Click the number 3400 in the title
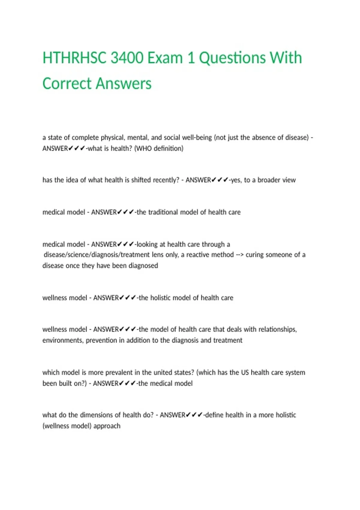127,58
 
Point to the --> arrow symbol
240,255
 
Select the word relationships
277,329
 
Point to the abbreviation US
245,373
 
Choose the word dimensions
100,415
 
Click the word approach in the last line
107,426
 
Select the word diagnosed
143,266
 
